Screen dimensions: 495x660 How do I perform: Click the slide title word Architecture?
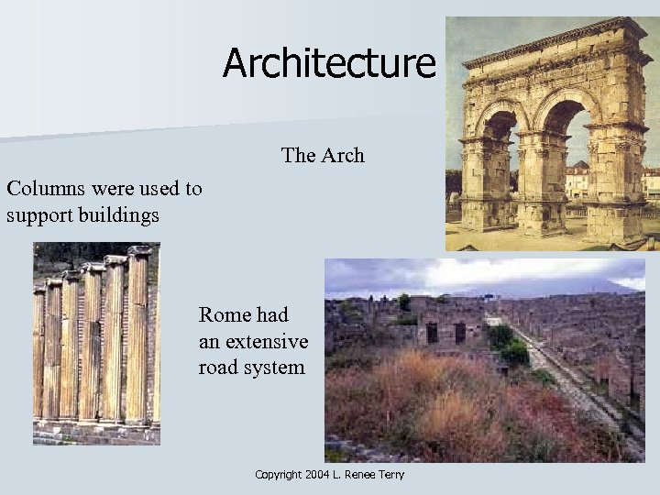[328, 63]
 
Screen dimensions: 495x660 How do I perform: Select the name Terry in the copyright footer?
[389, 474]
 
